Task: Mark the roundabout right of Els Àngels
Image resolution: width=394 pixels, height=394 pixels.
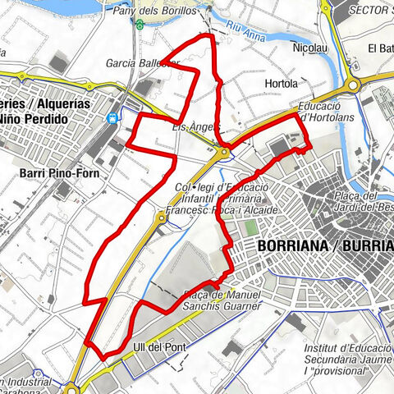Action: click(223, 151)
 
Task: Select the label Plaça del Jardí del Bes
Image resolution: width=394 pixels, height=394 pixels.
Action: click(366, 201)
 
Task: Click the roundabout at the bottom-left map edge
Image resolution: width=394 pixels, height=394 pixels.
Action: click(72, 387)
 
